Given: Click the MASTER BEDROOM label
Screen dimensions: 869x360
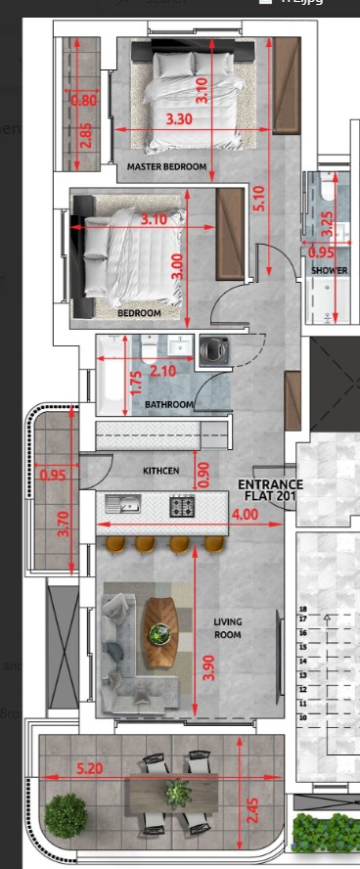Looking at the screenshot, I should click(x=167, y=166).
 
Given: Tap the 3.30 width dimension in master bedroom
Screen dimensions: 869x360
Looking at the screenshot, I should click(x=179, y=119).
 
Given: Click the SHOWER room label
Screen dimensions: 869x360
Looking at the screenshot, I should click(x=329, y=270).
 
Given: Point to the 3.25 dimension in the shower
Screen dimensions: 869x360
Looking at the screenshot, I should click(x=328, y=226).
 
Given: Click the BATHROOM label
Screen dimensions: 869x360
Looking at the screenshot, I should click(x=169, y=404).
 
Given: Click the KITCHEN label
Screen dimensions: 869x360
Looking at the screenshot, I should click(x=160, y=471).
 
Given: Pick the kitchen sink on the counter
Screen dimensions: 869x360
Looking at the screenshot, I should click(x=124, y=505).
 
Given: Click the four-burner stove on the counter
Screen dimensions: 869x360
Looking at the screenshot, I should click(x=183, y=506).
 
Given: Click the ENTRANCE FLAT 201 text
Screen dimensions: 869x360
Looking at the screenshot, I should click(x=271, y=490).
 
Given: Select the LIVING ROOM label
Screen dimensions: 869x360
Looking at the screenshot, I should click(x=228, y=628).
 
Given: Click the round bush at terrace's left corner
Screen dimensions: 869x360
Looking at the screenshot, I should click(x=67, y=814).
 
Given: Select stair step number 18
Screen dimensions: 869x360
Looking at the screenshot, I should click(x=303, y=609).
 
